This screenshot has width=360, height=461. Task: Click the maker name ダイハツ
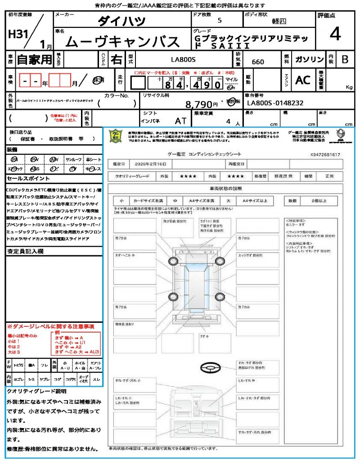(121, 21)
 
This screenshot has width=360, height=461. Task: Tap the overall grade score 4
(334, 34)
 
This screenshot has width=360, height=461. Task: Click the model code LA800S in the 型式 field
(183, 59)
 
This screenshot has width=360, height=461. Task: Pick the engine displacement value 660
(258, 62)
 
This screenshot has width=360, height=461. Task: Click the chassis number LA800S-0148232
(275, 103)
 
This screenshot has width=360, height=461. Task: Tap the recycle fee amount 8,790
(198, 104)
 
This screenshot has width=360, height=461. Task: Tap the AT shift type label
(180, 121)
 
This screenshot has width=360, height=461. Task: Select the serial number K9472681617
(325, 154)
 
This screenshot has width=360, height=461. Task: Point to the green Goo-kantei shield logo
(116, 136)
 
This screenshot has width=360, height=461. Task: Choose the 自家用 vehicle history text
(34, 59)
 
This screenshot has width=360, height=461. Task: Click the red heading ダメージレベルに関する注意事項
(50, 326)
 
